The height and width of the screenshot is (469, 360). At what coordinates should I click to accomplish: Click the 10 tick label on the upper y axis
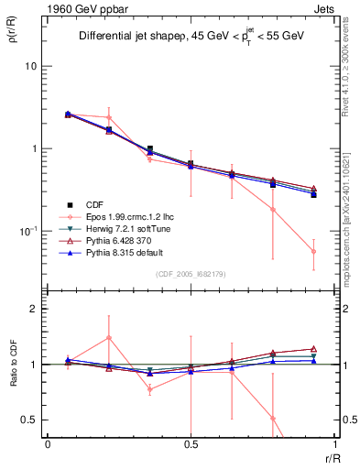point(32,67)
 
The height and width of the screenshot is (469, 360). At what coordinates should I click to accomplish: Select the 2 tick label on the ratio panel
point(37,310)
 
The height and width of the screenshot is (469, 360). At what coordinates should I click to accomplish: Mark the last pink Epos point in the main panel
point(313,251)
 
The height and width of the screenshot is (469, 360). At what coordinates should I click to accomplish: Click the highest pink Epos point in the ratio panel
point(109,338)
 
